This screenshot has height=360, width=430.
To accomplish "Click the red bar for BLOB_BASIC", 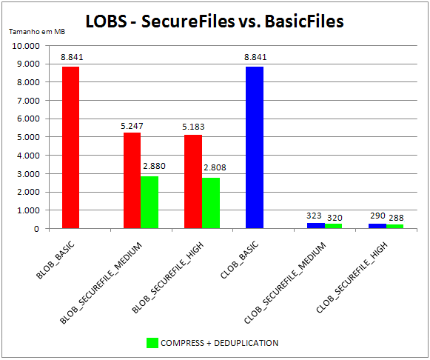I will tap(71, 147).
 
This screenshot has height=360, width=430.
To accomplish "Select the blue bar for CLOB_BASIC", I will tap(255, 147).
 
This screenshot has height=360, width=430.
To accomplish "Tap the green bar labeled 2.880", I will tap(150, 201).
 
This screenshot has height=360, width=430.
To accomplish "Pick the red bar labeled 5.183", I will tap(193, 181).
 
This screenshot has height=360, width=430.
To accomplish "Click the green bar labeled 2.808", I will tap(211, 202).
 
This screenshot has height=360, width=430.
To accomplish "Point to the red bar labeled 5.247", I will tap(132, 180).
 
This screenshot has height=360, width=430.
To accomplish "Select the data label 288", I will tap(396, 217).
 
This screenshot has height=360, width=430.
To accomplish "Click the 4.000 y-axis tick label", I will tap(28, 156).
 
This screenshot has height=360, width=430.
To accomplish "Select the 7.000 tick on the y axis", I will tap(28, 101).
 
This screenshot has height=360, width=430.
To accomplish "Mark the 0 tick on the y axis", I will tap(36, 229).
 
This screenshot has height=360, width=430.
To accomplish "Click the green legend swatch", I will tap(152, 342).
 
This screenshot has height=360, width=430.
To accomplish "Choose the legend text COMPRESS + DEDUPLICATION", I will tap(221, 342).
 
